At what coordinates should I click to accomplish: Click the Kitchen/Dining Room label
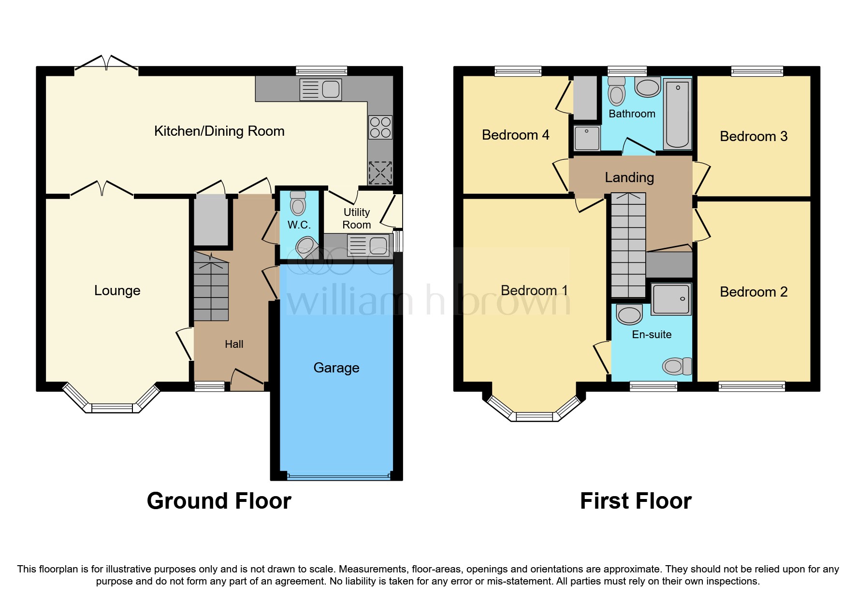[x=219, y=131]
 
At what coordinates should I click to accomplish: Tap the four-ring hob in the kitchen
[x=380, y=127]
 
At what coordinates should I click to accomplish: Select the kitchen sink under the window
[x=320, y=89]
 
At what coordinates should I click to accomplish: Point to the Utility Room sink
[x=369, y=245]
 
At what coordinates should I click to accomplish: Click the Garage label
[x=336, y=368]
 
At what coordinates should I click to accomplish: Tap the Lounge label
[x=117, y=290]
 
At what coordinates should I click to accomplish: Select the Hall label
[x=234, y=344]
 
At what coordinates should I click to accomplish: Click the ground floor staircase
[x=211, y=290]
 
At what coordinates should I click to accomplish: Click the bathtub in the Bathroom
[x=678, y=114]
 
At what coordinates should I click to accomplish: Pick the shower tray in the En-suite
[x=671, y=299]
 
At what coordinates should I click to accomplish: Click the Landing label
[x=629, y=177]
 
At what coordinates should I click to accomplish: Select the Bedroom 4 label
[x=515, y=135]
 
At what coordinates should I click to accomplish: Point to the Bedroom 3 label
[x=753, y=136]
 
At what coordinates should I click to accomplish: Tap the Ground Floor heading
[x=219, y=501]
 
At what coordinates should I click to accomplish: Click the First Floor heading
[x=636, y=501]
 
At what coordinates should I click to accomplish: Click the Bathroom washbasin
[x=648, y=87]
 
